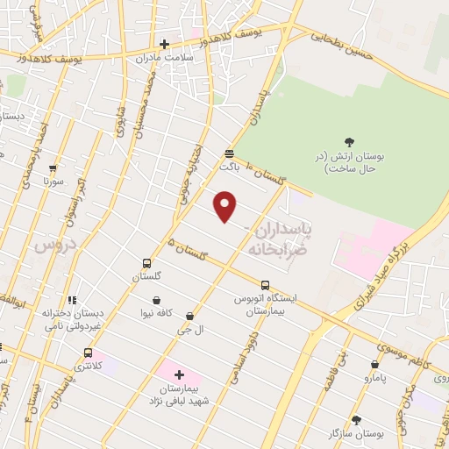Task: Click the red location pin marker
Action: (x=226, y=206)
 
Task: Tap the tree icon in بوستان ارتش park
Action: (x=349, y=141)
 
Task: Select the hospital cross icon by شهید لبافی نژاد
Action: (x=180, y=374)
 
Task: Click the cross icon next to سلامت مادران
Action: (x=164, y=44)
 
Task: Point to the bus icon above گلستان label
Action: (x=146, y=263)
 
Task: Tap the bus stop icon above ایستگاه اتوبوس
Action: (x=265, y=284)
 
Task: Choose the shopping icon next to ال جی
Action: (x=190, y=315)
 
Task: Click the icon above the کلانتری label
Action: (x=87, y=353)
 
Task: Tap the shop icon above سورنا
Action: (x=54, y=169)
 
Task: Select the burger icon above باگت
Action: (x=228, y=151)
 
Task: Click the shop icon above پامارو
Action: (x=375, y=364)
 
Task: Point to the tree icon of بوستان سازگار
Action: (x=355, y=420)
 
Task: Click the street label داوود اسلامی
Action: (x=239, y=358)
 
